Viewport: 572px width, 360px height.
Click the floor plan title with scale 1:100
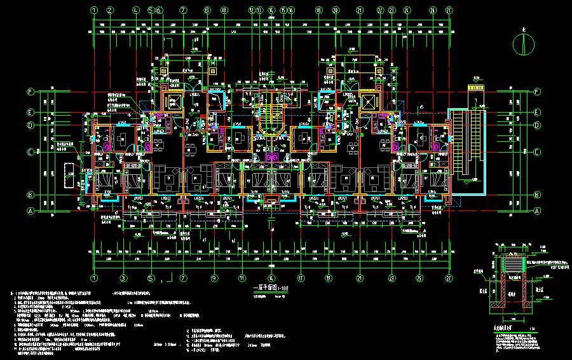tap(271, 288)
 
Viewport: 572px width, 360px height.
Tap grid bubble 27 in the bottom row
tap(451, 278)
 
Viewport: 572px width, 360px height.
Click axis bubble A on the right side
tap(537, 211)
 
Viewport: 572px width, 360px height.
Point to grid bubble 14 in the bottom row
tap(271, 278)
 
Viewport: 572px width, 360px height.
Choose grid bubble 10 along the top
tap(224, 10)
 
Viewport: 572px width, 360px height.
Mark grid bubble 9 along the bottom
tap(215, 278)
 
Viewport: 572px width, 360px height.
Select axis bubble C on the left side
tap(30, 152)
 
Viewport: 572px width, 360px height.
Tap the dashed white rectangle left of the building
tap(68, 174)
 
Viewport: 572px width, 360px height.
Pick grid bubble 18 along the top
tap(320, 10)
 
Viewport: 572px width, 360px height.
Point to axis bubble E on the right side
tap(537, 113)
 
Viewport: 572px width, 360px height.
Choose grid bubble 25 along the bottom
tap(419, 278)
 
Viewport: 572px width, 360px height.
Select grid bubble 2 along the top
tap(109, 10)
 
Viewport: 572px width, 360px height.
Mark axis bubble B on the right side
tap(537, 195)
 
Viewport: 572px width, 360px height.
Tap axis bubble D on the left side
tap(30, 125)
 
